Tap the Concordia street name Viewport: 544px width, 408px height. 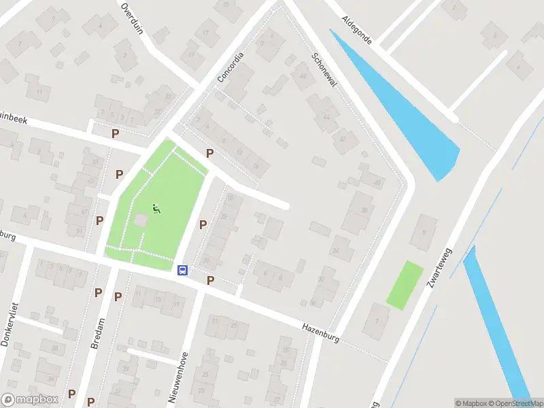(x=231, y=69)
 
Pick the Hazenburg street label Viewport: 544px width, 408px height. (x=320, y=330)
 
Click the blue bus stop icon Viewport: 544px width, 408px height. (x=182, y=270)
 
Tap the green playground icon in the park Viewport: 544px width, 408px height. (x=156, y=209)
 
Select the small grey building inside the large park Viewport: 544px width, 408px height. (x=140, y=221)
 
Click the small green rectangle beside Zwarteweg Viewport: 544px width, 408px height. (x=405, y=284)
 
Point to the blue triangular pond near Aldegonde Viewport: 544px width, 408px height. (x=415, y=116)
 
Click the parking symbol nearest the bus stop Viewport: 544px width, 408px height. (x=210, y=280)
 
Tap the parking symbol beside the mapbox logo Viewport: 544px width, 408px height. (x=71, y=394)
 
